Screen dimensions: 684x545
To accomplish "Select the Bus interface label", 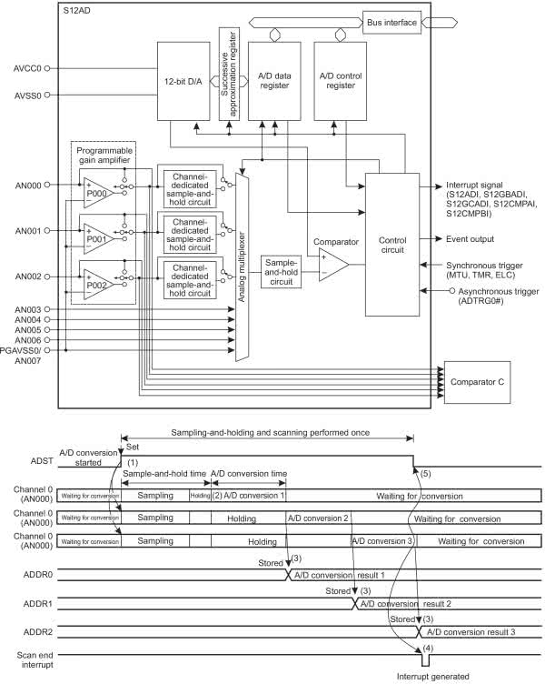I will tap(391, 21).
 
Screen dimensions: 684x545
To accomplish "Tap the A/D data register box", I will tap(274, 79).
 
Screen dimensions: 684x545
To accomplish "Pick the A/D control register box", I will tap(340, 79).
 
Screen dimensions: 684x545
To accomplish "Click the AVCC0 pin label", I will tap(31, 67).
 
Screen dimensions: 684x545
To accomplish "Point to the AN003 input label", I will tap(31, 310).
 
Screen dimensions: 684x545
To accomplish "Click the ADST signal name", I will tap(16, 462).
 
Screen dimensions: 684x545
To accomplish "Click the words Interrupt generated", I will tap(435, 677).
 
